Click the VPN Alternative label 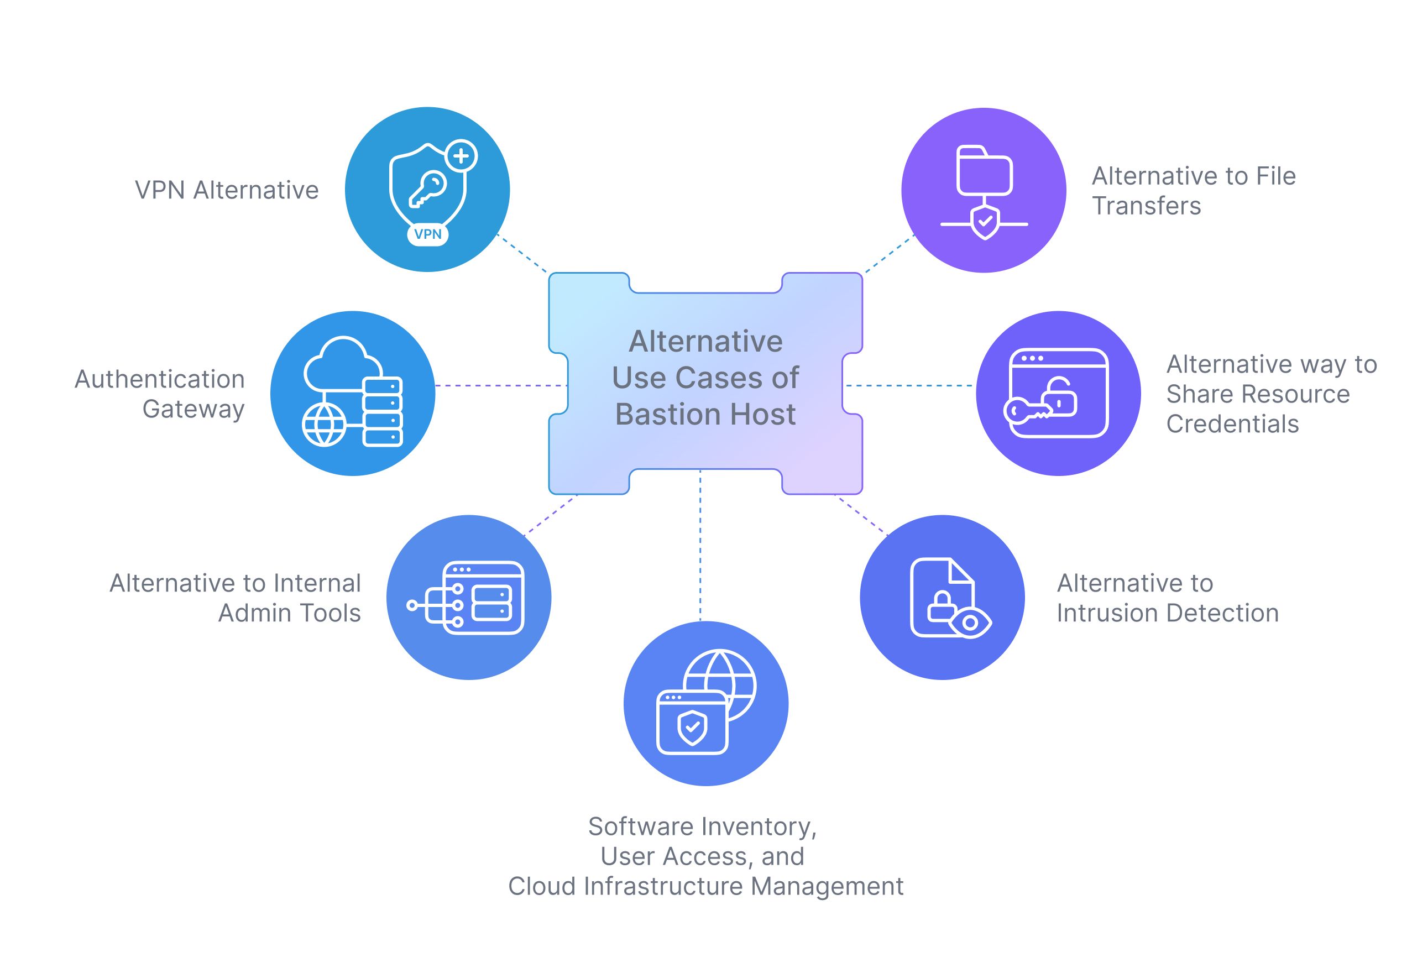[226, 190]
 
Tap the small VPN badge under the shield [427, 234]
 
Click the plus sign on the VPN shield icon [461, 156]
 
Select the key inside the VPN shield [427, 189]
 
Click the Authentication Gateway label [160, 394]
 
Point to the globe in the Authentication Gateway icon [324, 425]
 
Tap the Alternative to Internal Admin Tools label [236, 598]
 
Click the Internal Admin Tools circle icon [468, 598]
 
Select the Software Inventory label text [702, 826]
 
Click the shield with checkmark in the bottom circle [692, 726]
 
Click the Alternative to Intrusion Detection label [1167, 598]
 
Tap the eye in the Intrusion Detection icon [969, 622]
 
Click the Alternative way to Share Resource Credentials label [1270, 394]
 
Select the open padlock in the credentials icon [1059, 396]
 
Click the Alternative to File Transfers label [1193, 190]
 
